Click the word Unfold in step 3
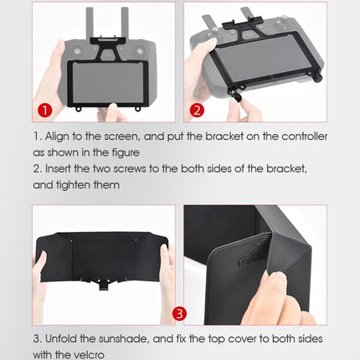click(x=64, y=340)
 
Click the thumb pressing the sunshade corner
click(x=273, y=289)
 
